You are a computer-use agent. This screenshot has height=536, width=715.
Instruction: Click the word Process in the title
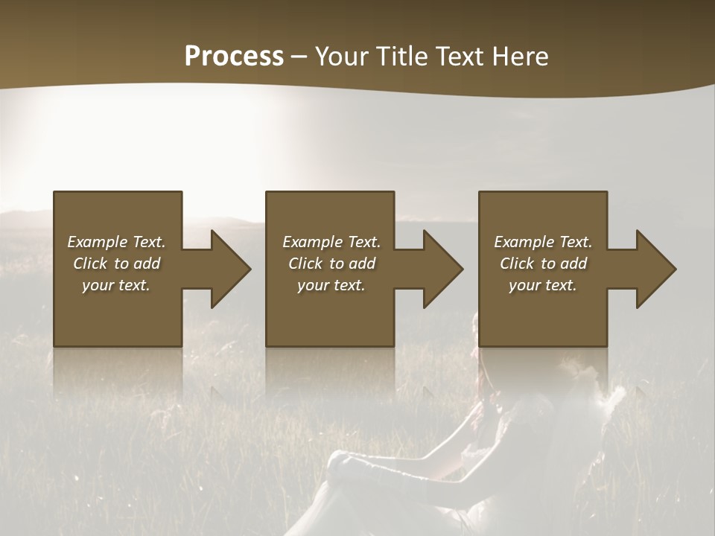(x=234, y=57)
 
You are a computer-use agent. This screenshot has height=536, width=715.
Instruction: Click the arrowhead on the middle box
(x=441, y=269)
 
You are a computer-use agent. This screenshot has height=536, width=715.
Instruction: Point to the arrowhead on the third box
(x=654, y=269)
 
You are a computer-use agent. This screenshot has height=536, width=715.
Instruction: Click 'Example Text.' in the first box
(x=116, y=242)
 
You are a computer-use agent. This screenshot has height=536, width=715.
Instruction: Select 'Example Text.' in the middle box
(x=331, y=242)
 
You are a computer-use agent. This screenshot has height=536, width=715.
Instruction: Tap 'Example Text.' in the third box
(x=543, y=242)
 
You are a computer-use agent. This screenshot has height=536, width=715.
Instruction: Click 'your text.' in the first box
(x=116, y=285)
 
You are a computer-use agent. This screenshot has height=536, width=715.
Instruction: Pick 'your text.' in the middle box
(x=331, y=285)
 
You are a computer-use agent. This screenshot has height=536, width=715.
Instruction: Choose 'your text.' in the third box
(x=543, y=285)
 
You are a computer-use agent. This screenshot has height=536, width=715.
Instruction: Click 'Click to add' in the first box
(x=116, y=264)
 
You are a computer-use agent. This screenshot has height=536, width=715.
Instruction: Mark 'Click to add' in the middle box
(x=331, y=264)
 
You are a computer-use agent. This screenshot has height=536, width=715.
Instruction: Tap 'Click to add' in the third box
(x=543, y=264)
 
